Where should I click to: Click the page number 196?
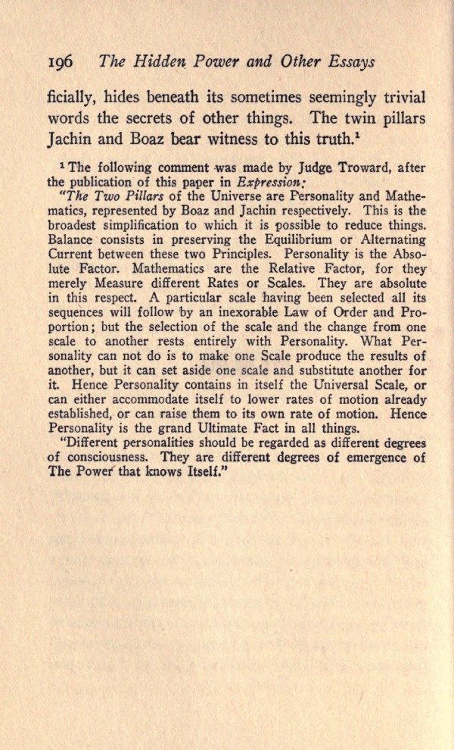tap(62, 63)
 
